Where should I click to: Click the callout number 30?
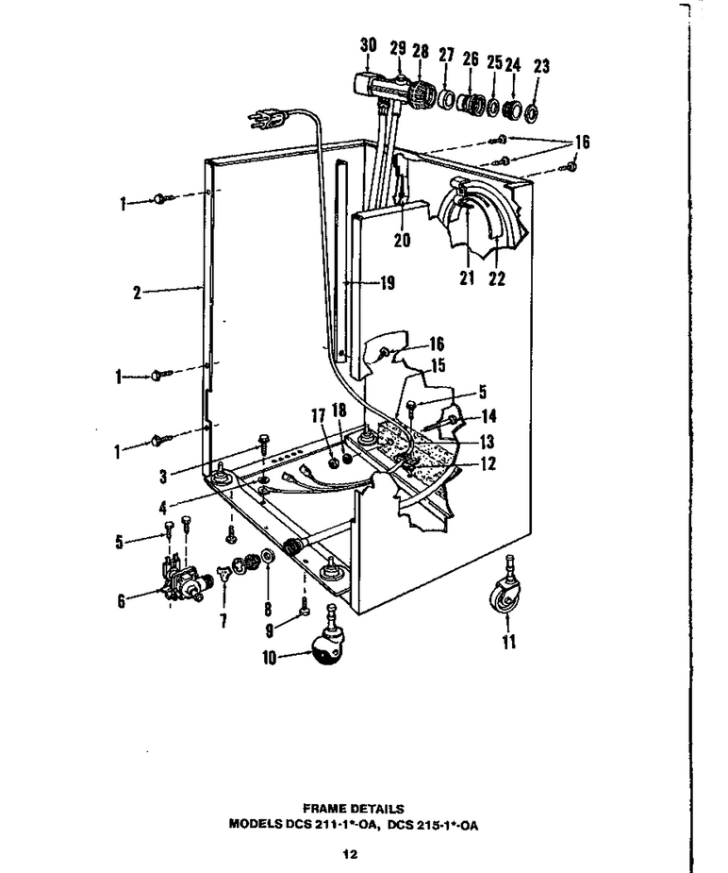click(368, 45)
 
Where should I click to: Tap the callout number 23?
click(541, 67)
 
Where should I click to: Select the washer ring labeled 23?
click(531, 112)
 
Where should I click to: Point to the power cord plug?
click(267, 118)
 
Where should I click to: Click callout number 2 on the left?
click(138, 293)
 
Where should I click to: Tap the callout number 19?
click(388, 283)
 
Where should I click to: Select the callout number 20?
click(402, 241)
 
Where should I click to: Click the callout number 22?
click(497, 278)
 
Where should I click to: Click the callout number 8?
click(268, 609)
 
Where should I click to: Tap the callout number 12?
click(488, 463)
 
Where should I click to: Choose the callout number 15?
click(438, 366)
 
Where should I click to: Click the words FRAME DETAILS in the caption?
click(353, 809)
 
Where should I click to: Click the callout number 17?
click(318, 414)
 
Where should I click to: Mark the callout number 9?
click(269, 630)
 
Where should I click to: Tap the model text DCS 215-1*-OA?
click(433, 825)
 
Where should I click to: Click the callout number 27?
click(446, 55)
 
